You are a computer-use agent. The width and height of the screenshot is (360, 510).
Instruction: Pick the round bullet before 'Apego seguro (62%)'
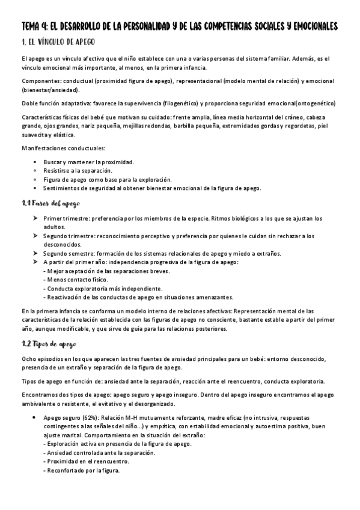(x=35, y=417)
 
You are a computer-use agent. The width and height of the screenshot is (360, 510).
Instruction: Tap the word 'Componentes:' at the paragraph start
(x=39, y=80)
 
